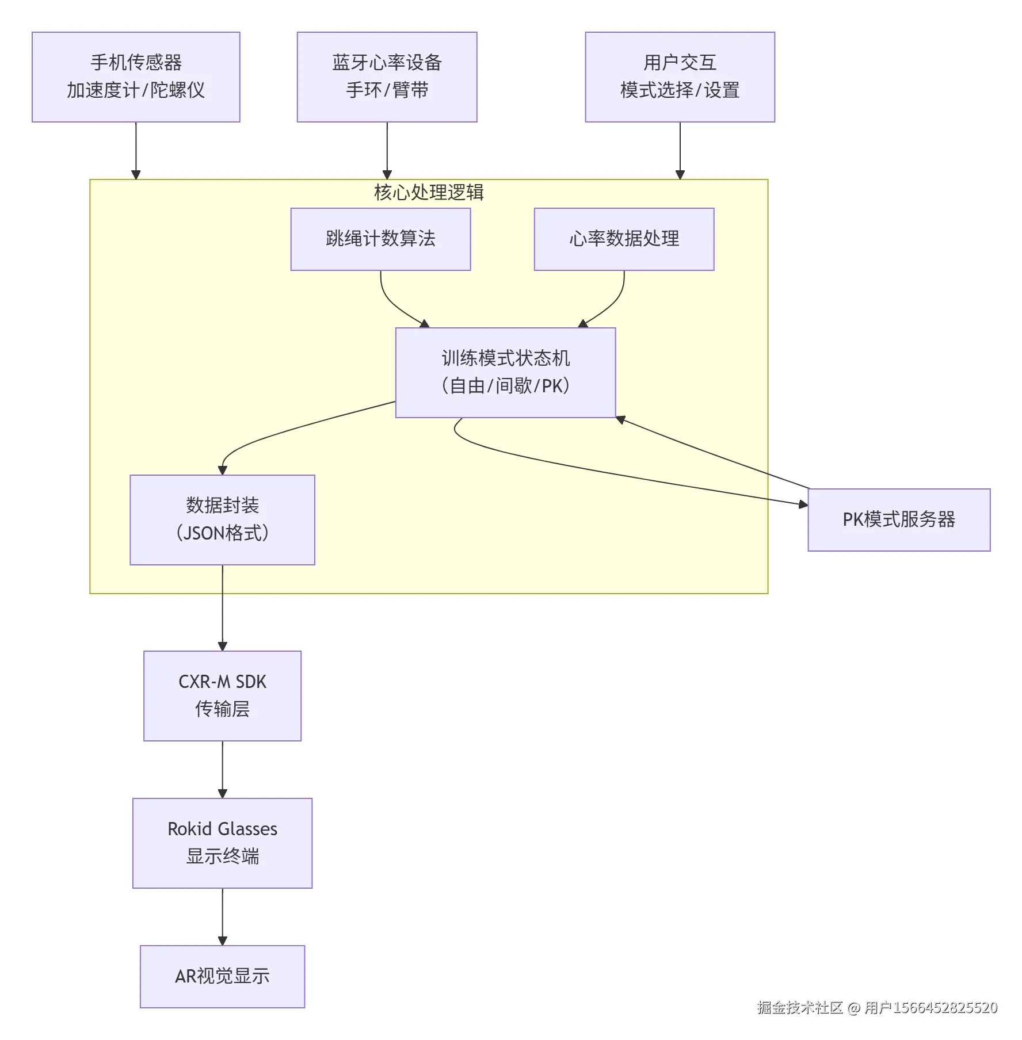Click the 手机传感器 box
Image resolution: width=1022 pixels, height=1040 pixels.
tap(136, 77)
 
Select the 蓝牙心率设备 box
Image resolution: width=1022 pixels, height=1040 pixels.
tap(387, 77)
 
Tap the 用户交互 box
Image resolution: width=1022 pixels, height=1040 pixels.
tap(680, 77)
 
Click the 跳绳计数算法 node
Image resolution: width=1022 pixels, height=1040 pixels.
tap(380, 239)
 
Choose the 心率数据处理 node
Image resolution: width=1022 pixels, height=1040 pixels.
tap(624, 239)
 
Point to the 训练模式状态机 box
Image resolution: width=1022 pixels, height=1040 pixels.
tap(505, 372)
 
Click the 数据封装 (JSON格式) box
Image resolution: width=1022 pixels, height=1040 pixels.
tap(222, 519)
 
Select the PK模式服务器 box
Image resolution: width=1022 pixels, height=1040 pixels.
tap(898, 519)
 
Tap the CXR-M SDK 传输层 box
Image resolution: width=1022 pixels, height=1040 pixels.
tap(222, 695)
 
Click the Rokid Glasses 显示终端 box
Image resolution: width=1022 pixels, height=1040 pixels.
tap(222, 843)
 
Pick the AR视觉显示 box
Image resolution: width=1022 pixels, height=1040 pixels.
tap(222, 976)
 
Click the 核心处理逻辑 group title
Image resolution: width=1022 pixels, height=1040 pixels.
tap(429, 192)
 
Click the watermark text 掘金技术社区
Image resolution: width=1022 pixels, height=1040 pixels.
tap(800, 1008)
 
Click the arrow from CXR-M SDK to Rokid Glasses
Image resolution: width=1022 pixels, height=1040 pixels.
tap(223, 769)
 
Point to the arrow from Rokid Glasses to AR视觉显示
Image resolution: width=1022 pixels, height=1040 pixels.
tap(223, 916)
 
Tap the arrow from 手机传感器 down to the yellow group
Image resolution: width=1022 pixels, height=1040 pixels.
tap(136, 150)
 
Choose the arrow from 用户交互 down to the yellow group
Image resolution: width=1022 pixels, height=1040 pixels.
tap(680, 150)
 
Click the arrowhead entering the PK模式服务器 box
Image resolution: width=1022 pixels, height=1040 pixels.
tap(803, 504)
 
